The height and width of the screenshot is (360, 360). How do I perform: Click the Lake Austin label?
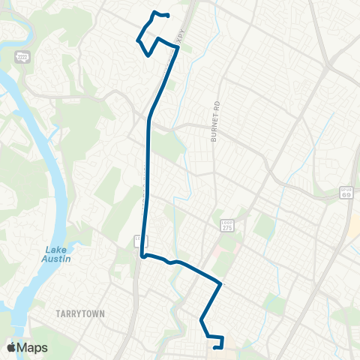[x=57, y=254]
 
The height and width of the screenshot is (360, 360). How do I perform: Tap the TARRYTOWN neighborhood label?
[x=79, y=313]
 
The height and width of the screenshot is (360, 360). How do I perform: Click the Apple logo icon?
[x=11, y=347]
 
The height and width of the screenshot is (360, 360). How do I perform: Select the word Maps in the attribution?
[x=33, y=347]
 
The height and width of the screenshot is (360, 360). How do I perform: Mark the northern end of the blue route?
[x=167, y=16]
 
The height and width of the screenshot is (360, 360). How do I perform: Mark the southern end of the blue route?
[x=215, y=347]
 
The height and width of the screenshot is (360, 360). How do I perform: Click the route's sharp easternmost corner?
[x=220, y=284]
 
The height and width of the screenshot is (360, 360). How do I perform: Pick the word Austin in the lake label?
[x=57, y=259]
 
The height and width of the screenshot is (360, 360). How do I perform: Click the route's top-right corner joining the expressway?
[x=178, y=47]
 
